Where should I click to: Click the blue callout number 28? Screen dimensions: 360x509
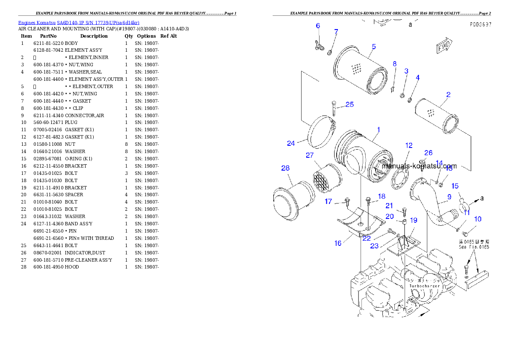tap(285, 168)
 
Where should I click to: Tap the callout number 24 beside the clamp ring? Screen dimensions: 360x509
tap(291, 143)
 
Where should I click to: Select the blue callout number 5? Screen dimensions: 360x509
tap(373, 47)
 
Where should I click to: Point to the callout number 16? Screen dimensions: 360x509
tap(338, 243)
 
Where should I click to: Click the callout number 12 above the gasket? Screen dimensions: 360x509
tap(409, 145)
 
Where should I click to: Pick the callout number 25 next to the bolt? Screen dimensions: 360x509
tap(349, 104)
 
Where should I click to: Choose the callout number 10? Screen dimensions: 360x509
tap(478, 219)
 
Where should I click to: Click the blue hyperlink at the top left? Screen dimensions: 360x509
tap(79, 23)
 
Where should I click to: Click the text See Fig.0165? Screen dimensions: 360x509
tap(474, 247)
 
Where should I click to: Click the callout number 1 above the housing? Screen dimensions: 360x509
tap(378, 129)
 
